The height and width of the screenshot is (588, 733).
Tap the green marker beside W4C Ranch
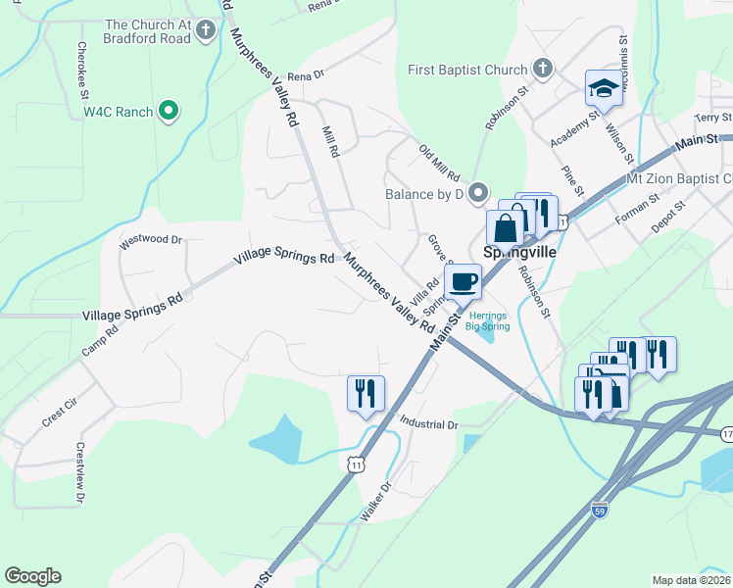click(169, 112)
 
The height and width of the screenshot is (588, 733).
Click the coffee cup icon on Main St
click(463, 280)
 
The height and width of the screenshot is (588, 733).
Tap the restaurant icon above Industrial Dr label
click(366, 392)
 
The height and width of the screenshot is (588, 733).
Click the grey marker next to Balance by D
click(478, 192)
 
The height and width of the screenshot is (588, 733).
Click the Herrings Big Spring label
click(487, 321)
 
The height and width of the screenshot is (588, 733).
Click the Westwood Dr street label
click(151, 239)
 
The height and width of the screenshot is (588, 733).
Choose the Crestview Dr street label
click(79, 473)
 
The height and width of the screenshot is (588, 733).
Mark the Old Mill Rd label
click(439, 163)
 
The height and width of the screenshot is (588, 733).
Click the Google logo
click(32, 576)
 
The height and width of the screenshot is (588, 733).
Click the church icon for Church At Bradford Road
click(206, 29)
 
